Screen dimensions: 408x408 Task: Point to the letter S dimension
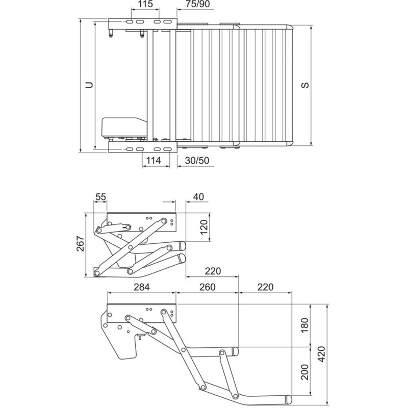click(x=304, y=85)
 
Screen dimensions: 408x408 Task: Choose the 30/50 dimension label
click(x=197, y=161)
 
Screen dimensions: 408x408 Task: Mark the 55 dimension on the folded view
click(x=100, y=196)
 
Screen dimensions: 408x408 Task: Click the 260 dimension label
click(x=206, y=287)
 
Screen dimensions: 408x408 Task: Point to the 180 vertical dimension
click(x=305, y=325)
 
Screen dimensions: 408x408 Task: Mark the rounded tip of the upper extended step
click(x=236, y=351)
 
